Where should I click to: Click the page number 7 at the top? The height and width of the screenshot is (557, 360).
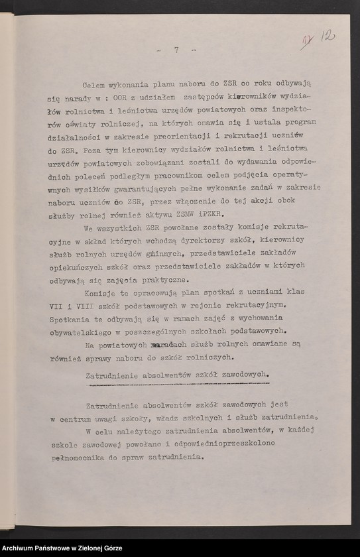[x=176, y=50]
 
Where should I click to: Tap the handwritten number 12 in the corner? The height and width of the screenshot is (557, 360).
[x=330, y=36]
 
